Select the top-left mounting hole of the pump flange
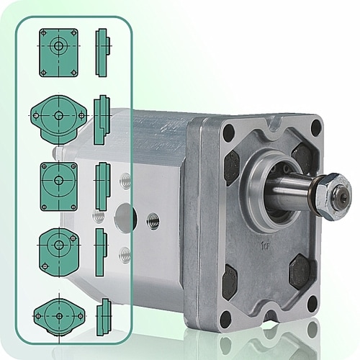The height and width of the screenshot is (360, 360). coord(229,133)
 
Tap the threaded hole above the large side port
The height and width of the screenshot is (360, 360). coord(125,183)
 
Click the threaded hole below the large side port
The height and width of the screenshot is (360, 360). coord(125,253)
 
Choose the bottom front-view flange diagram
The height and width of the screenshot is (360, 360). coord(58,315)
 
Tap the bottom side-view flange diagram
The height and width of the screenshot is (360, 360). coord(104,315)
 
